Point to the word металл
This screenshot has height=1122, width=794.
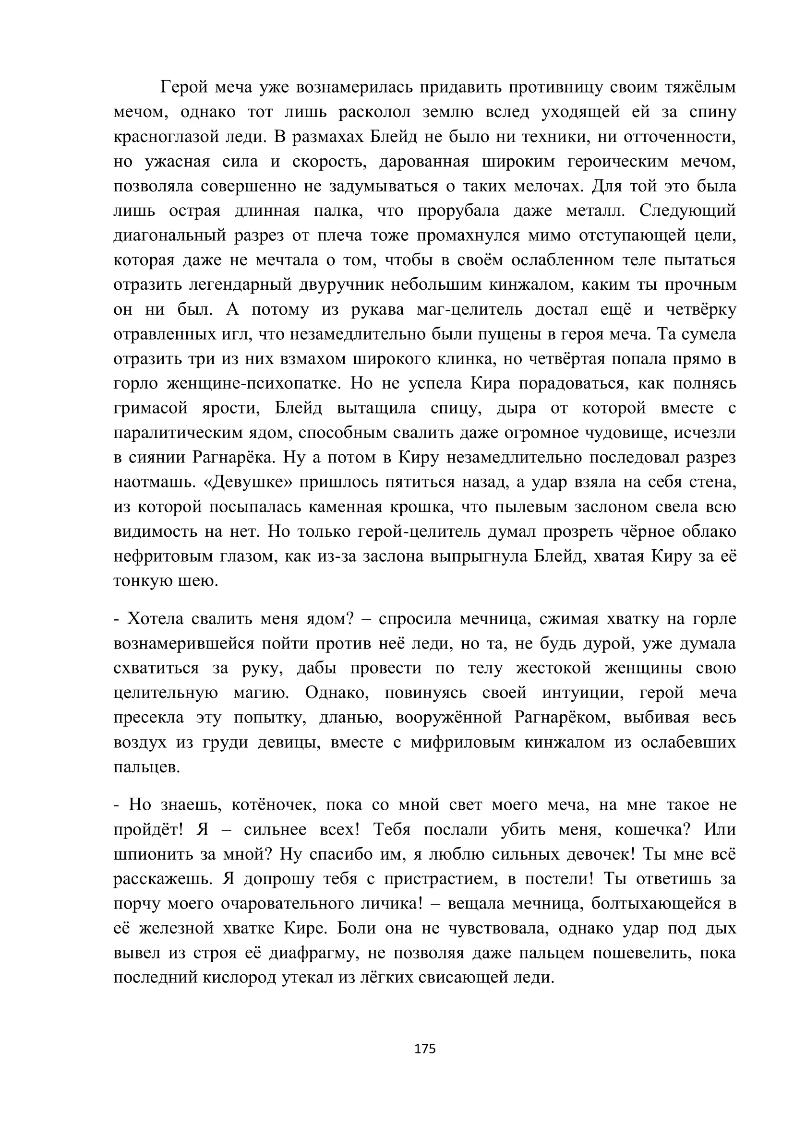click(x=595, y=211)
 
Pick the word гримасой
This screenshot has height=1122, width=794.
click(x=151, y=408)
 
